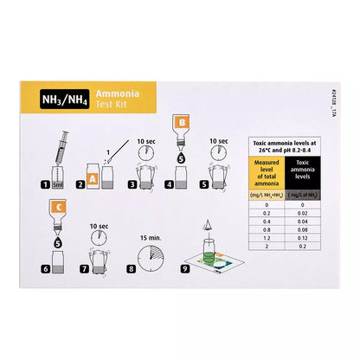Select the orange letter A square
80,181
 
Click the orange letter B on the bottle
181,122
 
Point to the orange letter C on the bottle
55,206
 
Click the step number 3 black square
131,184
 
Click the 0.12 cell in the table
299,238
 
